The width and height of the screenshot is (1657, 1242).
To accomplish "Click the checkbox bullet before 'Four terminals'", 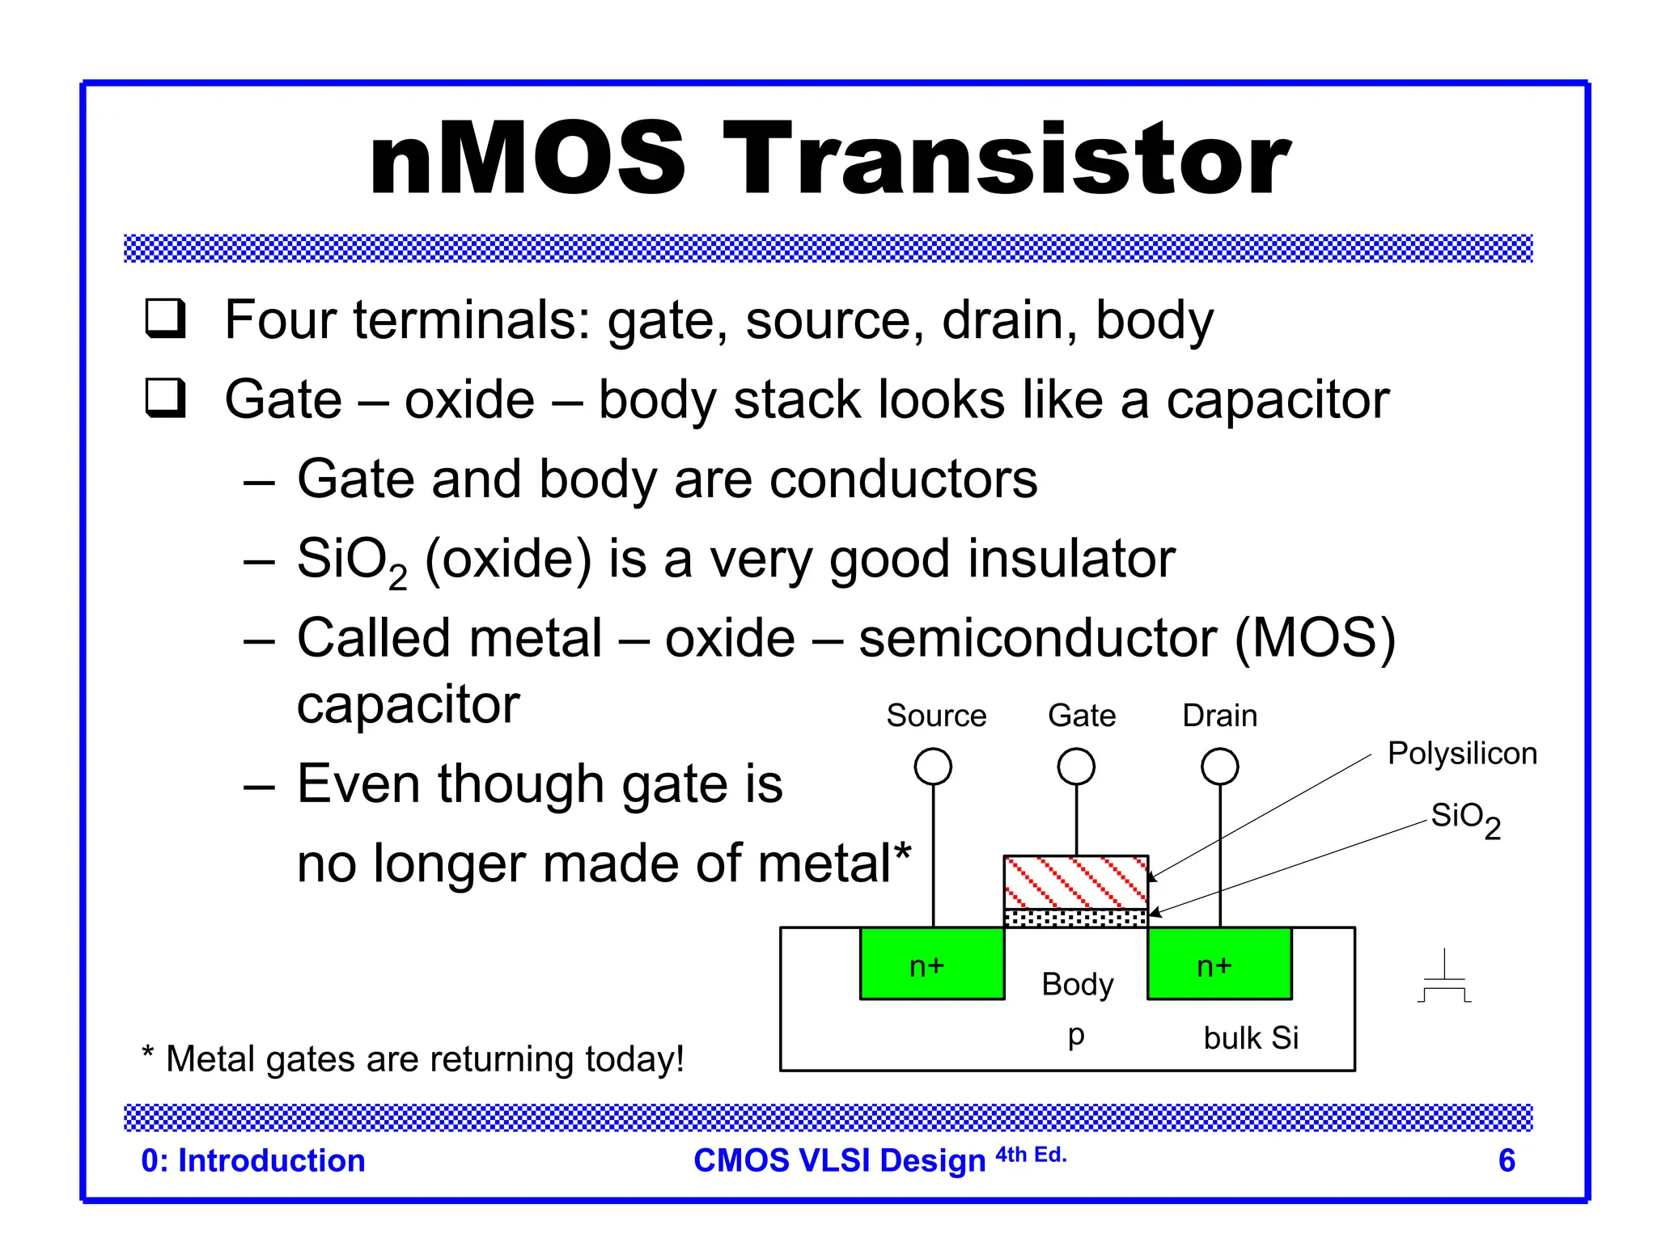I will pyautogui.click(x=165, y=319).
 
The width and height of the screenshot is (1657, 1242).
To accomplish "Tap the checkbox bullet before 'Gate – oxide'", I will pyautogui.click(x=165, y=398).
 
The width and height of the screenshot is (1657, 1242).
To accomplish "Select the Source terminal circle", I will pyautogui.click(x=933, y=766).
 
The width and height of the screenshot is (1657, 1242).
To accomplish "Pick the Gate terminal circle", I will pyautogui.click(x=1076, y=766).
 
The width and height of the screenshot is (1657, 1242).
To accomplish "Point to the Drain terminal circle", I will pyautogui.click(x=1219, y=766).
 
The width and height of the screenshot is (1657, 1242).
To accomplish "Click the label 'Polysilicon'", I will pyautogui.click(x=1461, y=753).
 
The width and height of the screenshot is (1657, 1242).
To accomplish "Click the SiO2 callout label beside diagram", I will pyautogui.click(x=1464, y=818).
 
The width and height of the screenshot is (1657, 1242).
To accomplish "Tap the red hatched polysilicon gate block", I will pyautogui.click(x=1075, y=882).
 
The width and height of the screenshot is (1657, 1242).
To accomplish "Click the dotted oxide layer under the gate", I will pyautogui.click(x=1075, y=918).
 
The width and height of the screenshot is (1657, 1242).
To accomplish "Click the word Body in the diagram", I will pyautogui.click(x=1077, y=984).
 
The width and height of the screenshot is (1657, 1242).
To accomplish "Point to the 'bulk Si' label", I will pyautogui.click(x=1250, y=1037).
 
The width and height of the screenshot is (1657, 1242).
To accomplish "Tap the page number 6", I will pyautogui.click(x=1506, y=1160).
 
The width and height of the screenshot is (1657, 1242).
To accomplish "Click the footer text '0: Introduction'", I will pyautogui.click(x=252, y=1160).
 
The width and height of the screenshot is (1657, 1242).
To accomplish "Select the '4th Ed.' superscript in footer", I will pyautogui.click(x=1031, y=1155).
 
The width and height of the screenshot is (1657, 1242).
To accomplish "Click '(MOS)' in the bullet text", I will pyautogui.click(x=1315, y=638).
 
